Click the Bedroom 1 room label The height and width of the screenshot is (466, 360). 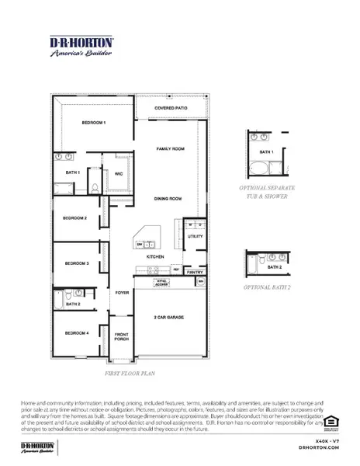coord(94,123)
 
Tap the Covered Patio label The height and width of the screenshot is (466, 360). coord(171,108)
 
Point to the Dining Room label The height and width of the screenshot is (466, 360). coord(167,199)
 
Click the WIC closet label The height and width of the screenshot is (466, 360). coord(119,174)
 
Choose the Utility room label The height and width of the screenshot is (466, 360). coord(195,235)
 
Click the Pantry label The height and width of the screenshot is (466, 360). coord(195,273)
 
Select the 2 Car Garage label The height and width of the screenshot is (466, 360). coord(170,318)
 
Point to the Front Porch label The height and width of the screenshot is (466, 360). coord(122,337)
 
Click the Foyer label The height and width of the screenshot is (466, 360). coord(122,293)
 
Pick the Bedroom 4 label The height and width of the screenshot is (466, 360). coord(75,332)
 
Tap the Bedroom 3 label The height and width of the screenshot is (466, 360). coord(77,263)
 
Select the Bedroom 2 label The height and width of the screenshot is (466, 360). coord(75,218)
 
